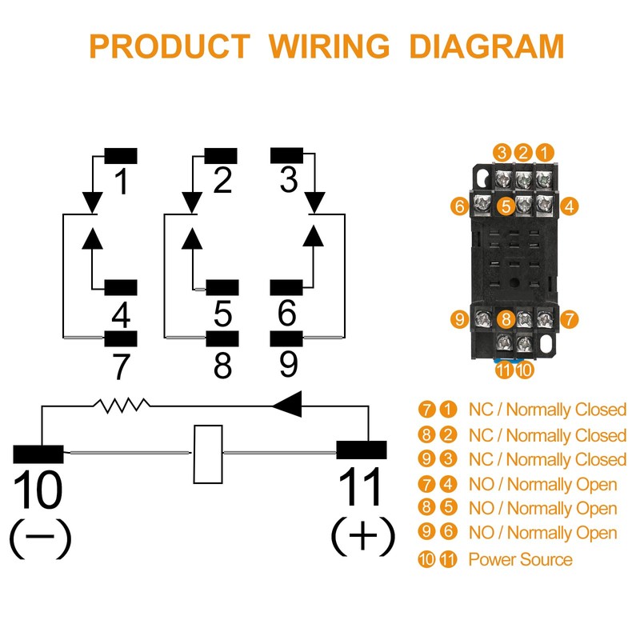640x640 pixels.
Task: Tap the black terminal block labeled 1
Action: (121, 155)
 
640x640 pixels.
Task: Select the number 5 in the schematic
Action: (222, 314)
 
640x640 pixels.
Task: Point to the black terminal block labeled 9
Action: (287, 338)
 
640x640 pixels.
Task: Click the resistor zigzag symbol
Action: (122, 406)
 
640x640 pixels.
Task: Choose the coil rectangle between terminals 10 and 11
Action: (207, 454)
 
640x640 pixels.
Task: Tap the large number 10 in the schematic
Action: (38, 490)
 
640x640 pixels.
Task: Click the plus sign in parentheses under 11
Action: (363, 537)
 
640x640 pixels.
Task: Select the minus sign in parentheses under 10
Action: (40, 538)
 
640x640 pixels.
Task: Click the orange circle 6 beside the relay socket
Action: (458, 206)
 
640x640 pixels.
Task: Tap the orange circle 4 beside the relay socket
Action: (569, 206)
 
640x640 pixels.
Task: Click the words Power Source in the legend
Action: (520, 559)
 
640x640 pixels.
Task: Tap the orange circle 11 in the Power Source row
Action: (448, 559)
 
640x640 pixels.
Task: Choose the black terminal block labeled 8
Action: (222, 338)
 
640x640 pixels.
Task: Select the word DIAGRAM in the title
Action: (486, 46)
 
